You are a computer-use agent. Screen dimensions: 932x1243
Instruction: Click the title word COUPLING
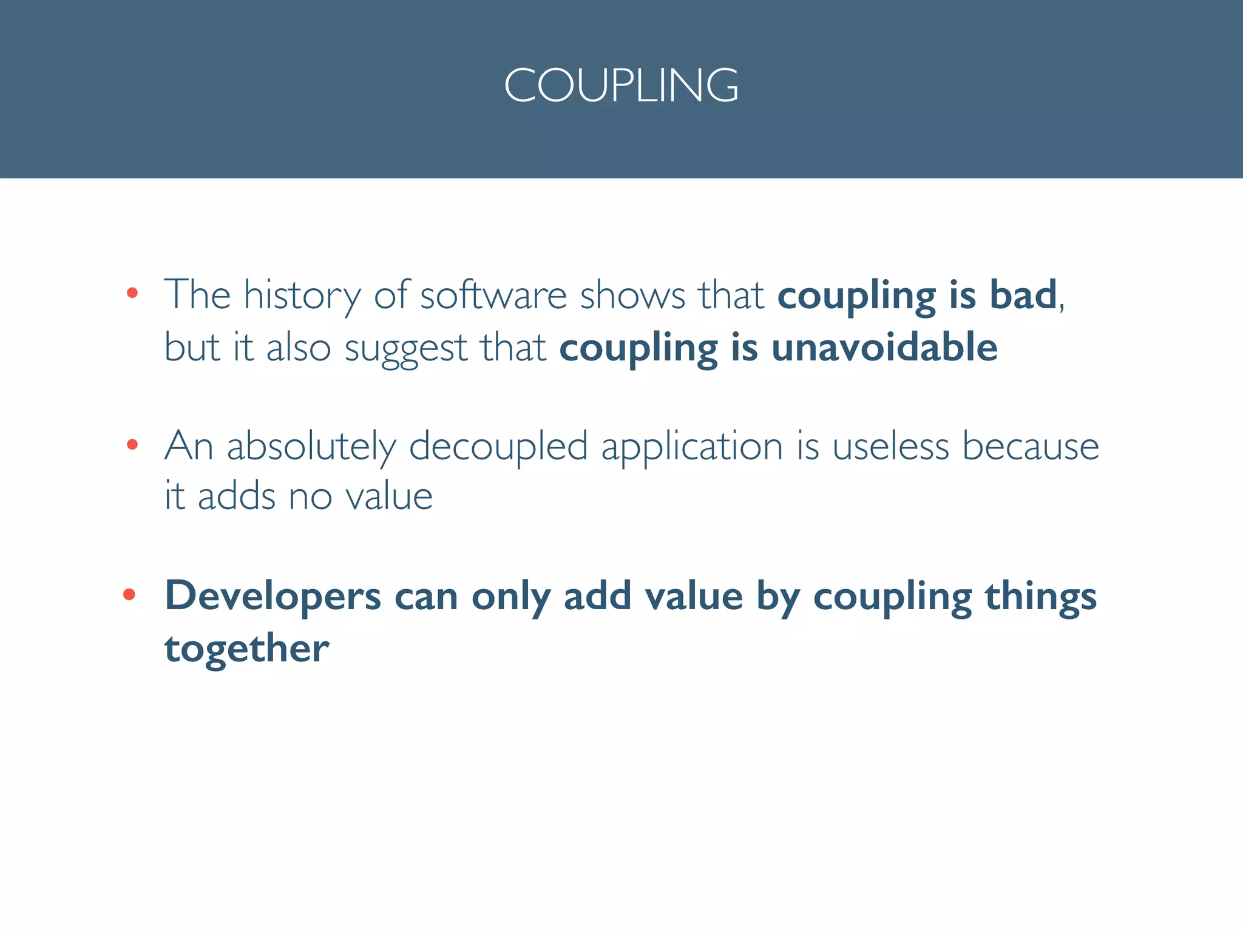pyautogui.click(x=621, y=85)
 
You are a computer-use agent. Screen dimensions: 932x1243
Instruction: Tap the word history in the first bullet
pyautogui.click(x=302, y=295)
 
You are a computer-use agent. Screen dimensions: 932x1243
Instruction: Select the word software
pyautogui.click(x=493, y=295)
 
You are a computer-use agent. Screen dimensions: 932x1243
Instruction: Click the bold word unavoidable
pyautogui.click(x=884, y=348)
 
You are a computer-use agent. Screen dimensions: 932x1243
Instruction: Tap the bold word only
pyautogui.click(x=510, y=596)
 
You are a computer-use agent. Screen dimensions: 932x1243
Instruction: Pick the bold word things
pyautogui.click(x=1040, y=596)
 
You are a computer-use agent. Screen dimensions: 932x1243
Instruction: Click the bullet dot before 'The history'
pyautogui.click(x=132, y=294)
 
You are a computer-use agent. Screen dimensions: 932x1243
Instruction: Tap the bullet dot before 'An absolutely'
pyautogui.click(x=132, y=445)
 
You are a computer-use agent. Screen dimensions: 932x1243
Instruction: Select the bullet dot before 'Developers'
pyautogui.click(x=129, y=594)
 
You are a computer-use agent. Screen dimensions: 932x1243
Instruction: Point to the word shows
pyautogui.click(x=632, y=295)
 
